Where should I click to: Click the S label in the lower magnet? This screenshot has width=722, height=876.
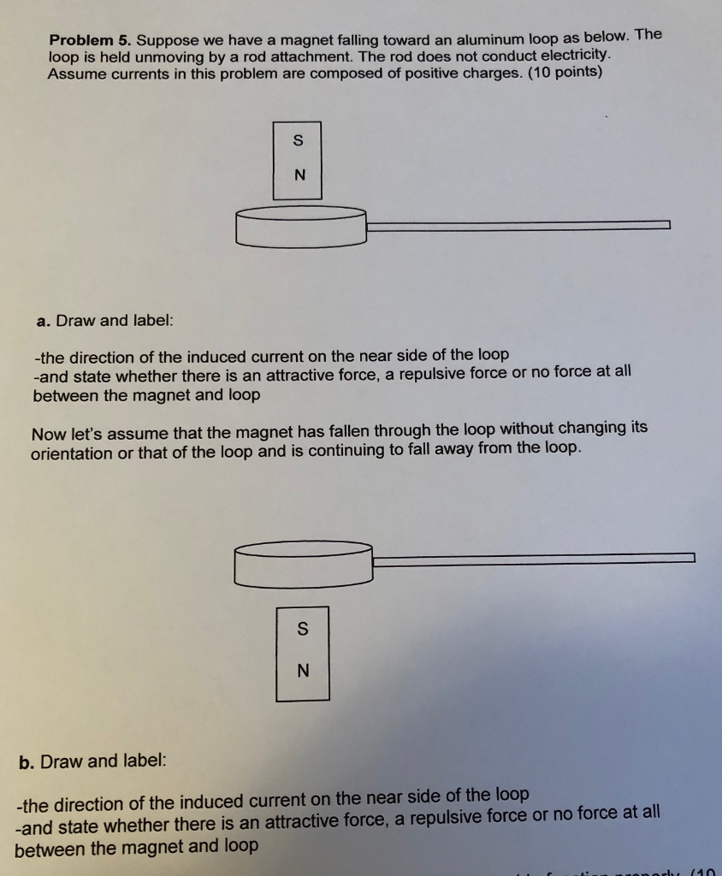point(302,630)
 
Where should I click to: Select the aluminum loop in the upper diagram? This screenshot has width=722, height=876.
point(300,226)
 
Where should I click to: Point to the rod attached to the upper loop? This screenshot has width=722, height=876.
point(518,225)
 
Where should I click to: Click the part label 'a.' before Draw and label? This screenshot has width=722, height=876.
point(44,321)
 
